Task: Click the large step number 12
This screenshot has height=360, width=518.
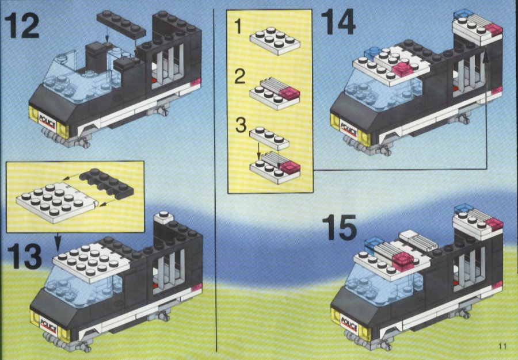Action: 22,25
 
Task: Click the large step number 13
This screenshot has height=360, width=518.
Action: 25,256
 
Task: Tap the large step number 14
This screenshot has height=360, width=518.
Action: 338,22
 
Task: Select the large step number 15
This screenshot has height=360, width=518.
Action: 339,227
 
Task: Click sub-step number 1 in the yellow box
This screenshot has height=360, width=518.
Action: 238,26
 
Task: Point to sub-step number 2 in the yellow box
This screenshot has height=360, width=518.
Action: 240,76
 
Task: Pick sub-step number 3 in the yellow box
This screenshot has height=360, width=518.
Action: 241,125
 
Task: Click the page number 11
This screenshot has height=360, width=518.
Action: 502,346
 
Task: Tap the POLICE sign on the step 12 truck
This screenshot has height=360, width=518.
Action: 47,119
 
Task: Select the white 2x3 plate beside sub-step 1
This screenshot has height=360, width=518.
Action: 275,41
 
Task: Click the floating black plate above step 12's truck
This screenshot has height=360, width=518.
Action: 121,24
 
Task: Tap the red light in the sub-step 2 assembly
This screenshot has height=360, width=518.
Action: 290,94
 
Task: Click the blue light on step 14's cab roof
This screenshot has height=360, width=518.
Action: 372,52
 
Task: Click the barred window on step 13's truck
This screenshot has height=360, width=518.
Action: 169,271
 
